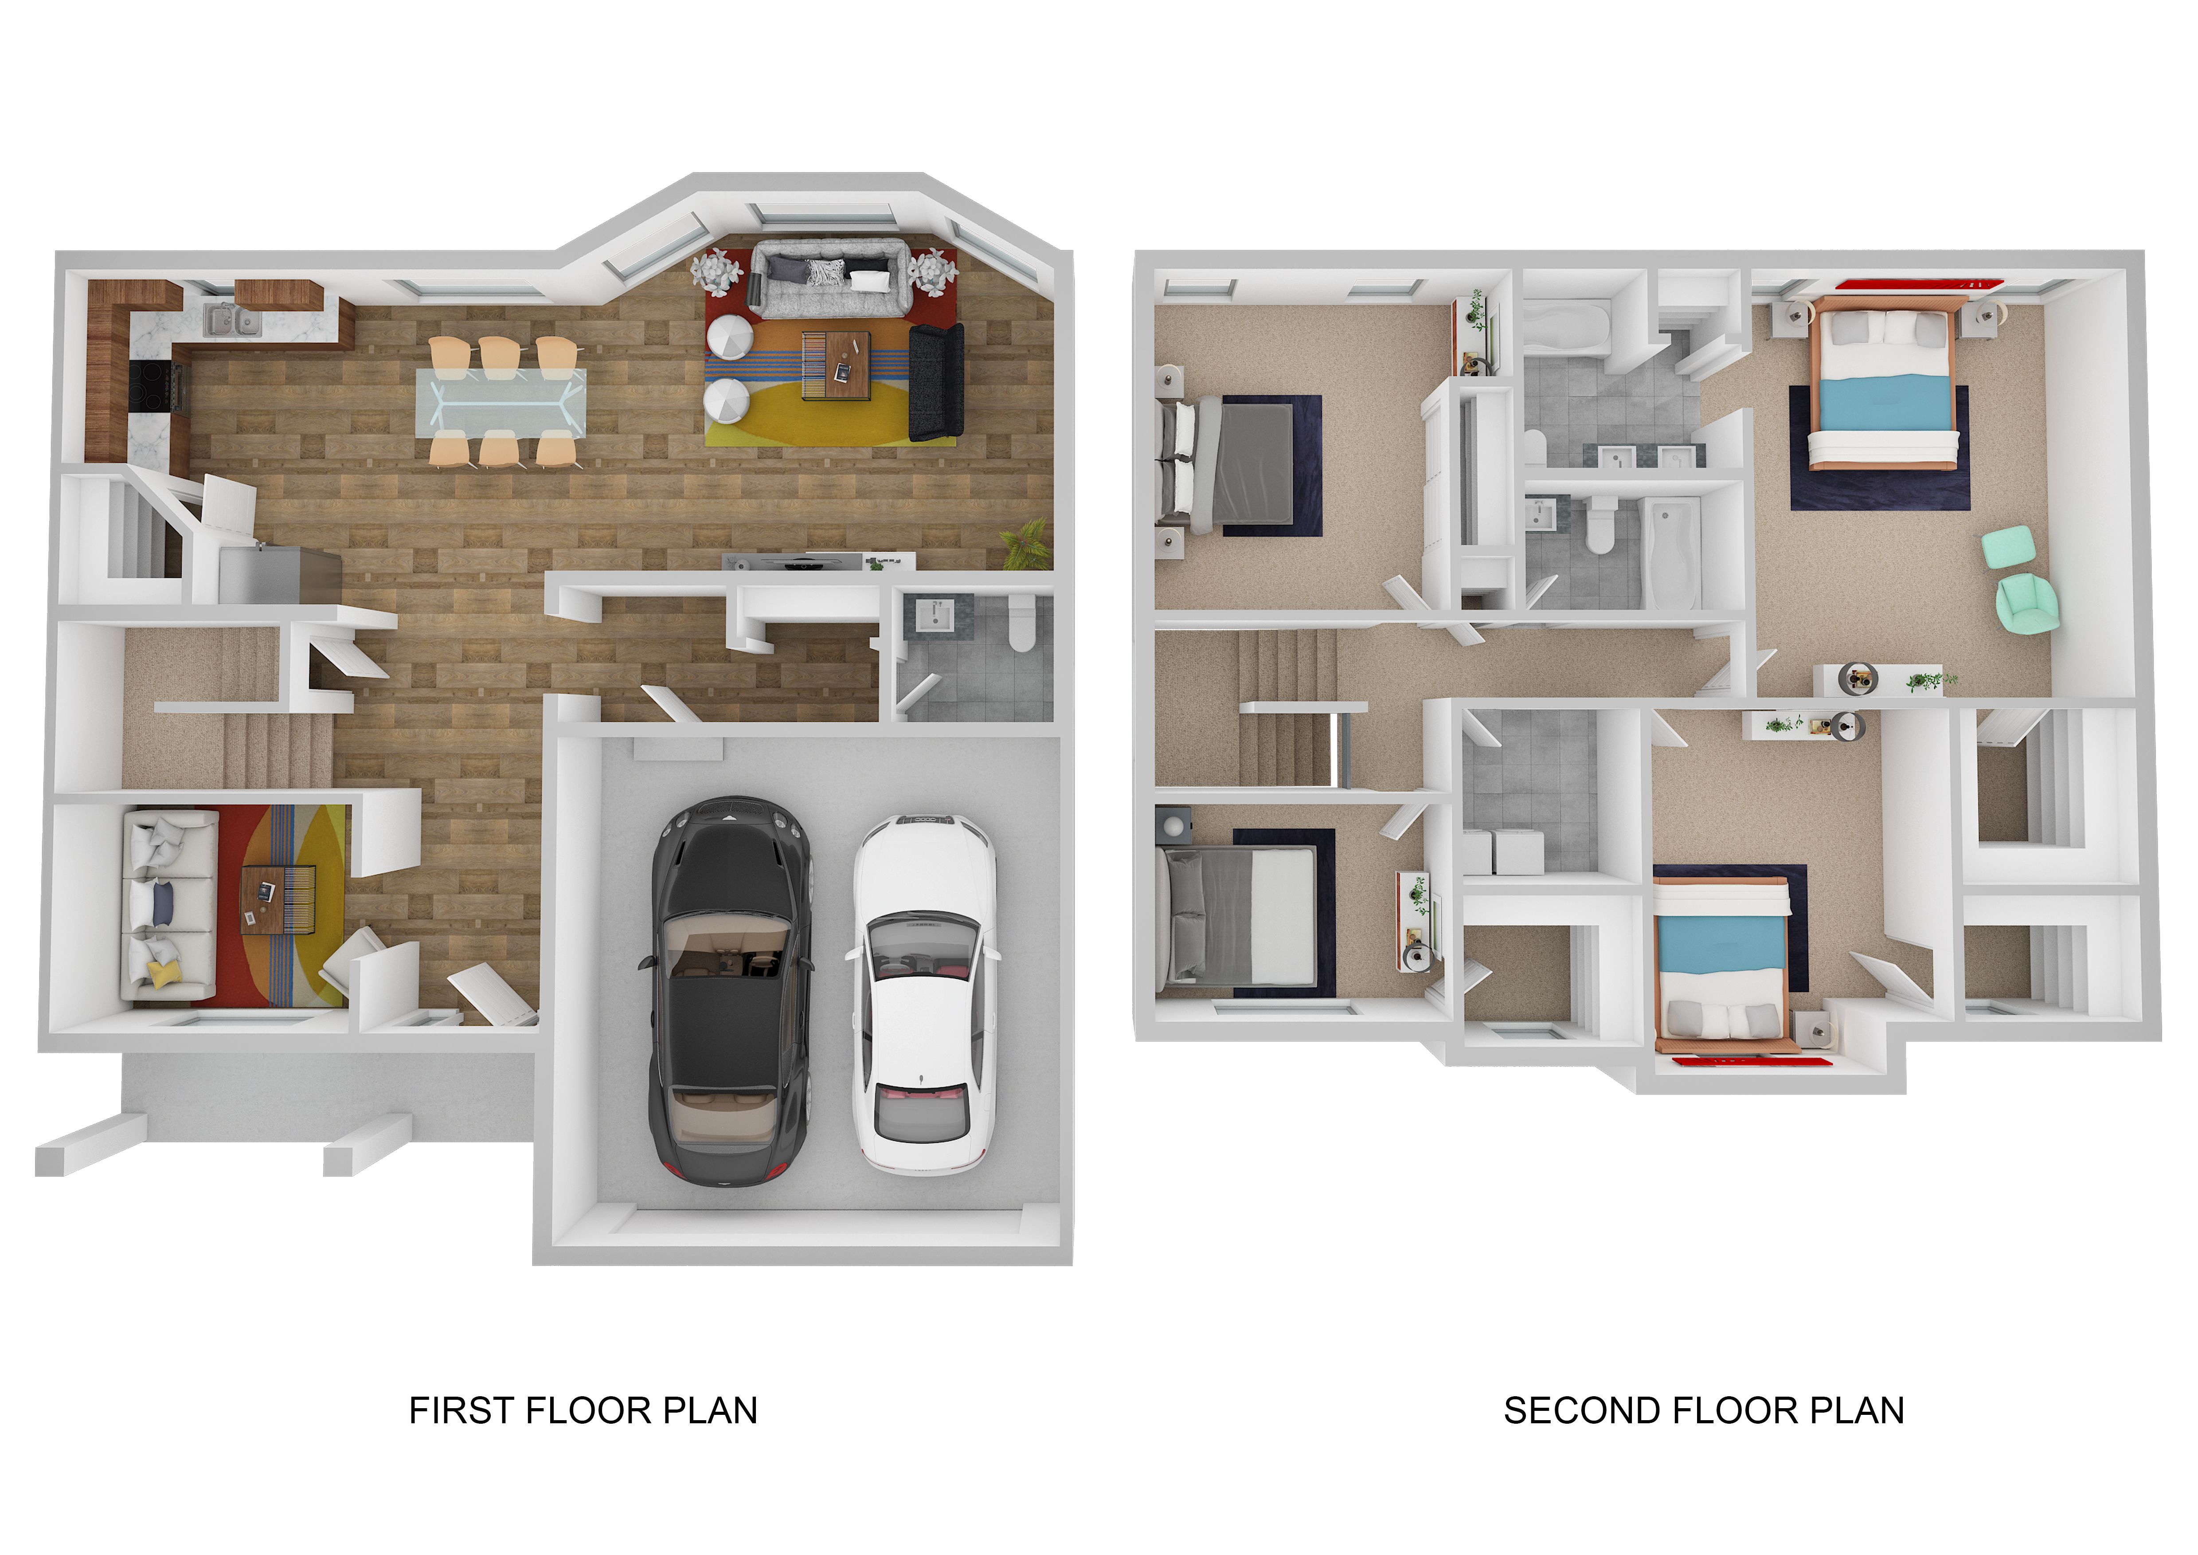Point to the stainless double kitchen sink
click(233, 321)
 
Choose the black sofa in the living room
click(935, 382)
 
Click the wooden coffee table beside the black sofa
click(836, 365)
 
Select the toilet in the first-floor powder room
click(1022, 624)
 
